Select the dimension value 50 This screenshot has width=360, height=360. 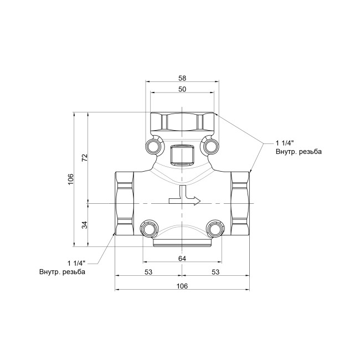(x=182, y=89)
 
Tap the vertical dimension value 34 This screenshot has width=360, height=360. (x=85, y=224)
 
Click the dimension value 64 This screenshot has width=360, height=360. (x=182, y=259)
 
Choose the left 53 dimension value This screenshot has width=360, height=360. (x=148, y=272)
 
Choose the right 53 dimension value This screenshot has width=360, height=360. (x=215, y=272)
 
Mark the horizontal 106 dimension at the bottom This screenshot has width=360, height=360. (x=182, y=286)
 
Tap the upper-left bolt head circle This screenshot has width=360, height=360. (x=153, y=146)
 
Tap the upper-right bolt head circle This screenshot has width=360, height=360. (x=210, y=146)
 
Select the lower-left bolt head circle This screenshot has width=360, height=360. (x=149, y=229)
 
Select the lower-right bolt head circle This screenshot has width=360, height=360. (x=215, y=229)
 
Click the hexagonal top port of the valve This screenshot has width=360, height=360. (x=182, y=121)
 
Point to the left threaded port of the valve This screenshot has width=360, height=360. (x=125, y=203)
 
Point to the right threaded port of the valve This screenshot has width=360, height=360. (x=240, y=203)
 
